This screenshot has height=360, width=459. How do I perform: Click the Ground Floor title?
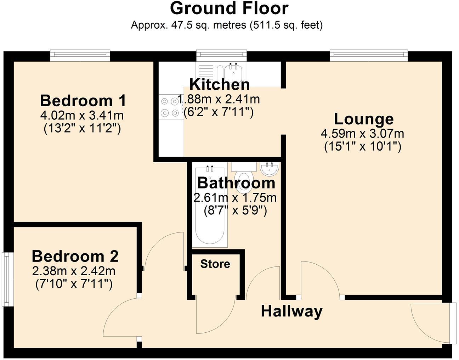click(229, 9)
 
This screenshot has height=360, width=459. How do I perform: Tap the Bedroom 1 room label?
click(83, 101)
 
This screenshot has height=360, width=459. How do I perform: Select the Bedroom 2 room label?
click(75, 256)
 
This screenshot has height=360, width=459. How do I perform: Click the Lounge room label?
click(363, 119)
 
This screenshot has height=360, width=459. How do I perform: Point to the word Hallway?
click(291, 311)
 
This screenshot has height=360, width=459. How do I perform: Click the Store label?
click(215, 264)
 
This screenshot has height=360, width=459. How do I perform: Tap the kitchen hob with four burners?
click(169, 107)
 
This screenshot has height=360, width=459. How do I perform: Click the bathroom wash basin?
click(270, 168)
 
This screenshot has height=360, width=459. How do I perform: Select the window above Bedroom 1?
click(80, 54)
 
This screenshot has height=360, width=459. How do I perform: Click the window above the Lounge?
click(369, 54)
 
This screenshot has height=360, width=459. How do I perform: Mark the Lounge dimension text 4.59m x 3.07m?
click(362, 134)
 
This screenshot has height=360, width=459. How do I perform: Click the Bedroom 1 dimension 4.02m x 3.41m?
click(82, 116)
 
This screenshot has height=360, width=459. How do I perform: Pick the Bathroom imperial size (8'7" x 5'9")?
click(235, 211)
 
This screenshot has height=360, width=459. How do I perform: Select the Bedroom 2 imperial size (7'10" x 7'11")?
click(74, 284)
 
